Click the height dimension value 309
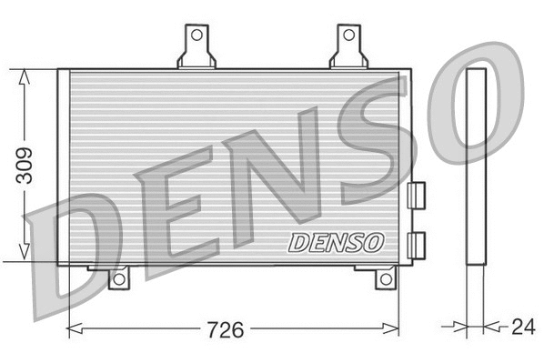pos(26,166)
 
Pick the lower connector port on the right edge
pos(417,242)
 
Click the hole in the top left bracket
pos(194,35)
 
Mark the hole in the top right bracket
pos(348,35)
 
